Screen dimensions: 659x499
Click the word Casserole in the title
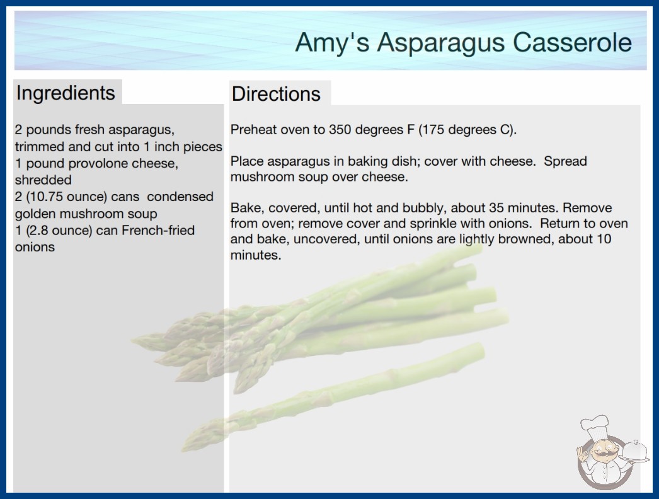(572, 42)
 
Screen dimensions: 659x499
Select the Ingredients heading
(66, 93)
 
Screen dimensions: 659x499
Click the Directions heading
(276, 94)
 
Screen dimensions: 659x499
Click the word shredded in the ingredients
(43, 180)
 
